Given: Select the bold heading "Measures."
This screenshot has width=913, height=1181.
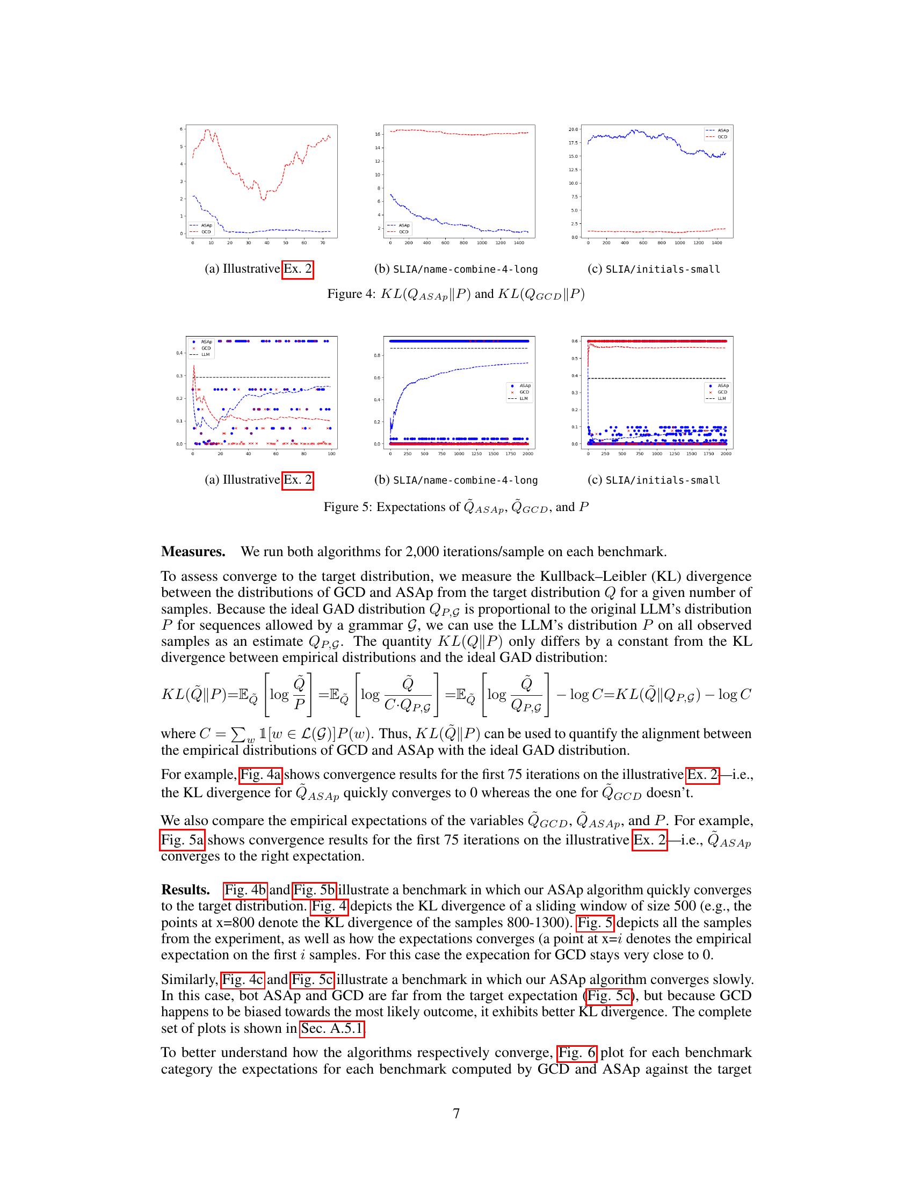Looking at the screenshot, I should (x=193, y=552).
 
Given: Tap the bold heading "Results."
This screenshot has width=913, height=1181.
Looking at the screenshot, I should (x=185, y=890).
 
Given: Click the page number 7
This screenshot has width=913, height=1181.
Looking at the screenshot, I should (x=456, y=1113).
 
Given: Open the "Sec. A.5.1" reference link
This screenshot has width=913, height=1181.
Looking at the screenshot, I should (x=331, y=1029).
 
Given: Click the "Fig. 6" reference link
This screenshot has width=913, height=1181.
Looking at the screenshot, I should (x=577, y=1053).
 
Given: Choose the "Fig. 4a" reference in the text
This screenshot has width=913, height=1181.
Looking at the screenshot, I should (x=260, y=775).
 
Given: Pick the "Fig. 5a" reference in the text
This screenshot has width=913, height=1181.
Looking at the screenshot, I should (x=183, y=840).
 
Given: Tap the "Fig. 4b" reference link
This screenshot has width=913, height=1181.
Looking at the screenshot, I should (x=245, y=890).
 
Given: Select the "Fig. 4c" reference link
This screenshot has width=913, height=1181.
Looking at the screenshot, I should (x=243, y=980).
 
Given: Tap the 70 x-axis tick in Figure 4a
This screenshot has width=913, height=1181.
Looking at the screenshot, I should (x=322, y=243).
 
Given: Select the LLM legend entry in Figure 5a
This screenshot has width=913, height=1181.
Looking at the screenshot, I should (x=206, y=355).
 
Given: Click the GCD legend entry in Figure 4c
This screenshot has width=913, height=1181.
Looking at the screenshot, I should (x=722, y=137).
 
